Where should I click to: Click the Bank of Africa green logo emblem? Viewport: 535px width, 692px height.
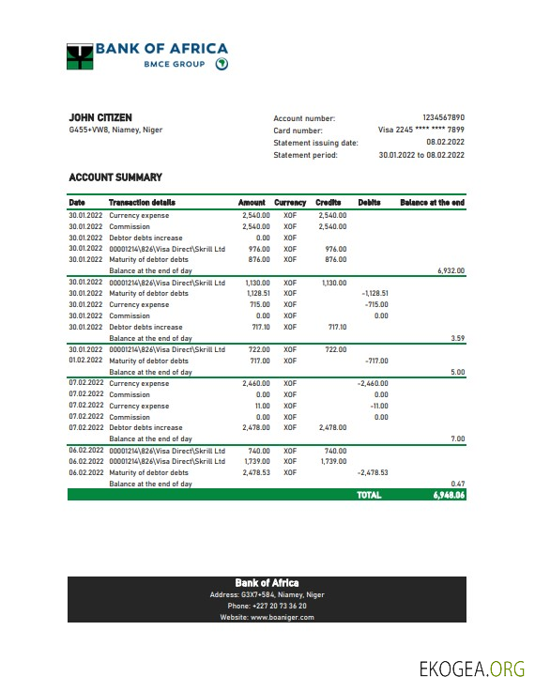80,56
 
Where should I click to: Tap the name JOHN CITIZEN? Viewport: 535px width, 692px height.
94,117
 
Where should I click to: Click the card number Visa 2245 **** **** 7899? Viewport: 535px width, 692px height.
420,131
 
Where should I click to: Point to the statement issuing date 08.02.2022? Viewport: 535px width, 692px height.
445,143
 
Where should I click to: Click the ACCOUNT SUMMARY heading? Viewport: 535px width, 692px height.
115,177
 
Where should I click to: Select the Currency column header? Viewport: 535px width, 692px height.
290,202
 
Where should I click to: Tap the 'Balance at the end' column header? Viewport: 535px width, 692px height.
432,202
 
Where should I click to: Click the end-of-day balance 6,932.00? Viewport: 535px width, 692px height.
451,270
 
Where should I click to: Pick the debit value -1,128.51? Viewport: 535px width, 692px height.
374,293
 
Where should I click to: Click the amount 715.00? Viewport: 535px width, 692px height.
259,304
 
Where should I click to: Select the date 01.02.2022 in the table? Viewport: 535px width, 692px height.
85,361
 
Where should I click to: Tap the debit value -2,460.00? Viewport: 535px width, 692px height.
373,383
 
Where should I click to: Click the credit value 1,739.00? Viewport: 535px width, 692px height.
333,462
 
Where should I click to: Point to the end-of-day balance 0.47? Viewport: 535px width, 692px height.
457,484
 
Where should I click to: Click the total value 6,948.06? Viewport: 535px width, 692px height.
449,495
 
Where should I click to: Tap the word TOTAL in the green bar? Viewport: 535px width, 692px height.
369,495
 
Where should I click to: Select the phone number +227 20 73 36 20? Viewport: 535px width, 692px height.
267,606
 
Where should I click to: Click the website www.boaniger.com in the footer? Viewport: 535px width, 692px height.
267,617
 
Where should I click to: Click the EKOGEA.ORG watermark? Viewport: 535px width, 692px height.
471,668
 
